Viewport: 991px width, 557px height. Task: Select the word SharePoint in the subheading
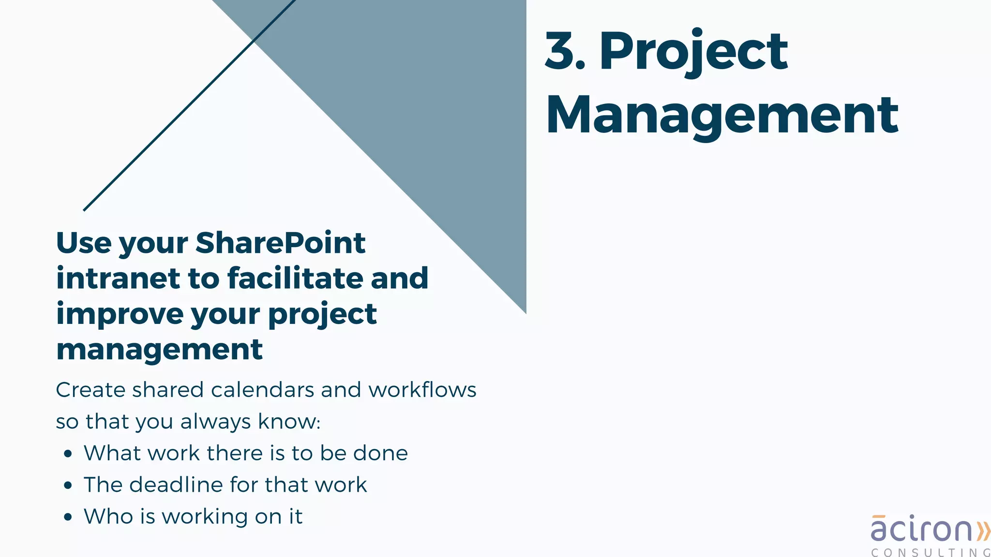[280, 243]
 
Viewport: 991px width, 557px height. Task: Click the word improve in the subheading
[120, 315]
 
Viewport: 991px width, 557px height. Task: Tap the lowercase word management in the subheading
[159, 350]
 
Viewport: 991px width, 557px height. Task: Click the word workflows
[422, 390]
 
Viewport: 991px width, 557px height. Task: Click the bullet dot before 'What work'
[68, 454]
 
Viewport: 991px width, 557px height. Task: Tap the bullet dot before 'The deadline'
[68, 485]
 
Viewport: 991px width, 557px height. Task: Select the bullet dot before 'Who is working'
[68, 517]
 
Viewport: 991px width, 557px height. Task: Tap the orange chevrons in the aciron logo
[983, 531]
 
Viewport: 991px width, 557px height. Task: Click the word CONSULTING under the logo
[930, 552]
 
